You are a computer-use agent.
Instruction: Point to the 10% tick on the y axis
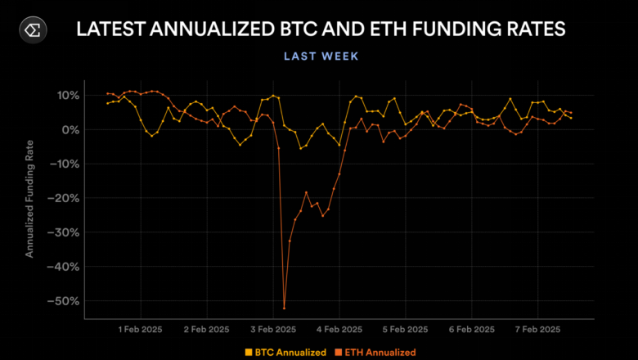pyautogui.click(x=68, y=96)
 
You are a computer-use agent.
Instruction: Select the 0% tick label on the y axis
pyautogui.click(x=70, y=130)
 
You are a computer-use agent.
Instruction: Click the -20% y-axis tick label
pyautogui.click(x=66, y=198)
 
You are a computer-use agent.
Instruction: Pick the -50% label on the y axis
pyautogui.click(x=66, y=301)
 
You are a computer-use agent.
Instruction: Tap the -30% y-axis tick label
pyautogui.click(x=66, y=232)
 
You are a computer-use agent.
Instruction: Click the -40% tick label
pyautogui.click(x=66, y=267)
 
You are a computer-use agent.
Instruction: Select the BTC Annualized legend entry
pyautogui.click(x=285, y=352)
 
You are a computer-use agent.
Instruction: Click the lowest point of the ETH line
pyautogui.click(x=284, y=308)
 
